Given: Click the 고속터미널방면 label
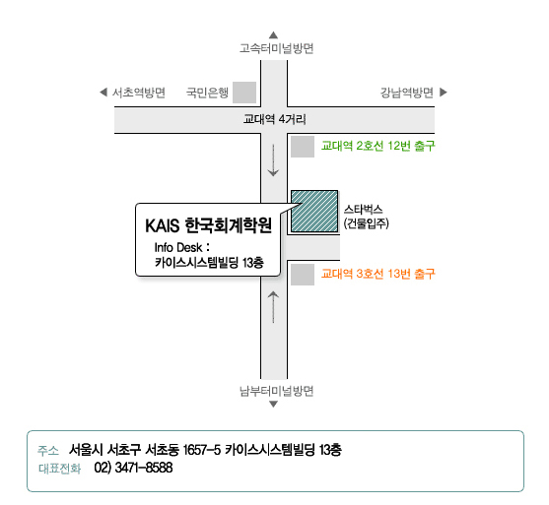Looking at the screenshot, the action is (x=276, y=48).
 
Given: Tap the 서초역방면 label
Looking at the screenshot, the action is (x=139, y=93).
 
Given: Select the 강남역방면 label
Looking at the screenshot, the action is (x=407, y=93).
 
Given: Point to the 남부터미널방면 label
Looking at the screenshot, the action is (x=276, y=391).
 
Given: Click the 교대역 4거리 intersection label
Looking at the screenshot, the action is (x=274, y=119).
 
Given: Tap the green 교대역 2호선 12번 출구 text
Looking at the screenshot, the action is (x=378, y=146).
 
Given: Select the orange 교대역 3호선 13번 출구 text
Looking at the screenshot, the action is (x=378, y=274).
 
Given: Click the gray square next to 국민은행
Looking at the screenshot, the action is (x=244, y=93).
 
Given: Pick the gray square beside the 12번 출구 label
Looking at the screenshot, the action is (x=303, y=147).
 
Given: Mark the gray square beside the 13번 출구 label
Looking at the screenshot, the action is (x=303, y=275).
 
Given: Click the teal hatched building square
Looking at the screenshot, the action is (x=314, y=212).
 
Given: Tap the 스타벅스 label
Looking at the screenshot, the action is (x=363, y=210).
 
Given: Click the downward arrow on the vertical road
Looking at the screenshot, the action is (x=273, y=159).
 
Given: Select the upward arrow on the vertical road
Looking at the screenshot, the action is (x=273, y=307).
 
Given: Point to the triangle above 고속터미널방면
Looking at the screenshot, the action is (x=273, y=35).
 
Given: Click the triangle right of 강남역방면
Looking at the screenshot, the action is (x=444, y=92).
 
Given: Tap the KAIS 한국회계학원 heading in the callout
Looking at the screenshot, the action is (x=208, y=225).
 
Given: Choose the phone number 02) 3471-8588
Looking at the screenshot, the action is (x=133, y=468).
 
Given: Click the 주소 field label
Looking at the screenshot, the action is (x=48, y=451).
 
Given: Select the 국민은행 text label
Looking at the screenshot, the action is (x=207, y=93).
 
